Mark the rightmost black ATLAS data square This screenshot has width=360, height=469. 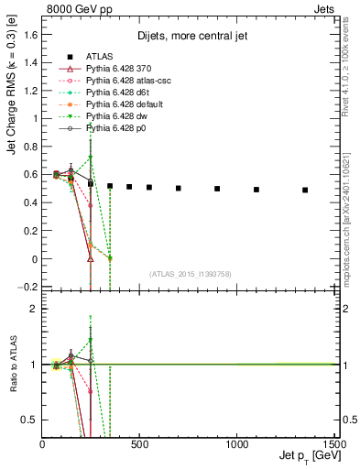[305, 190]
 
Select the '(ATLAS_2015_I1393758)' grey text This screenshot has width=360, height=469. [191, 274]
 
